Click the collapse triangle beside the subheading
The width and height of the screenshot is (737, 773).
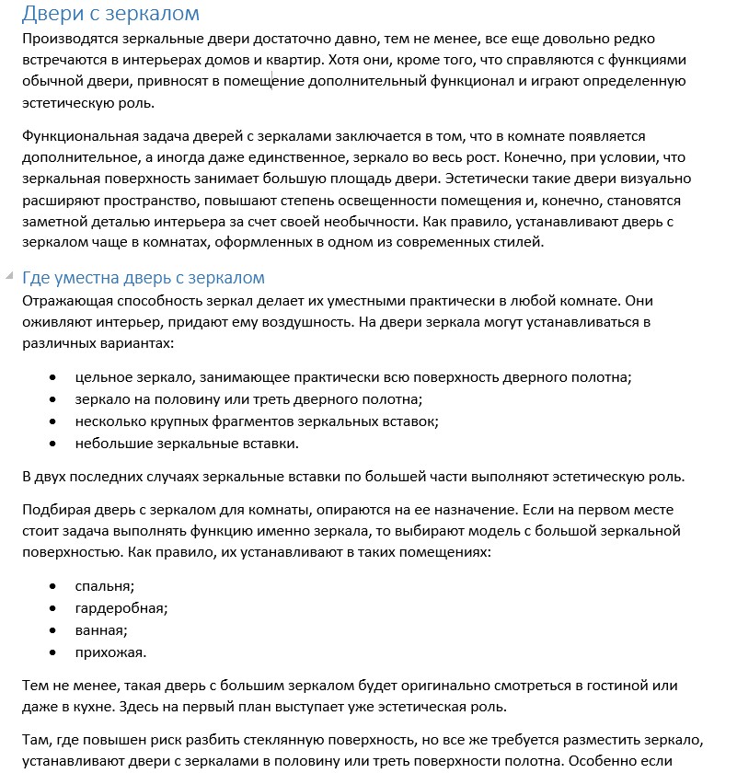pos(9,276)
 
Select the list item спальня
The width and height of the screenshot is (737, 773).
pos(105,586)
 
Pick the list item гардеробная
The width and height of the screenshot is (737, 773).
pos(121,608)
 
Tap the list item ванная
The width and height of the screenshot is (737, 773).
pos(101,630)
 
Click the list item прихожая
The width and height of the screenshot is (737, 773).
pos(110,652)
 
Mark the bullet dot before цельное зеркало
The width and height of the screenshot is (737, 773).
pos(54,378)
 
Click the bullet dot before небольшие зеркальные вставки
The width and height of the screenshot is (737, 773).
pos(54,444)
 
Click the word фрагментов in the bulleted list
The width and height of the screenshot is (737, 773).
pos(226,421)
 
